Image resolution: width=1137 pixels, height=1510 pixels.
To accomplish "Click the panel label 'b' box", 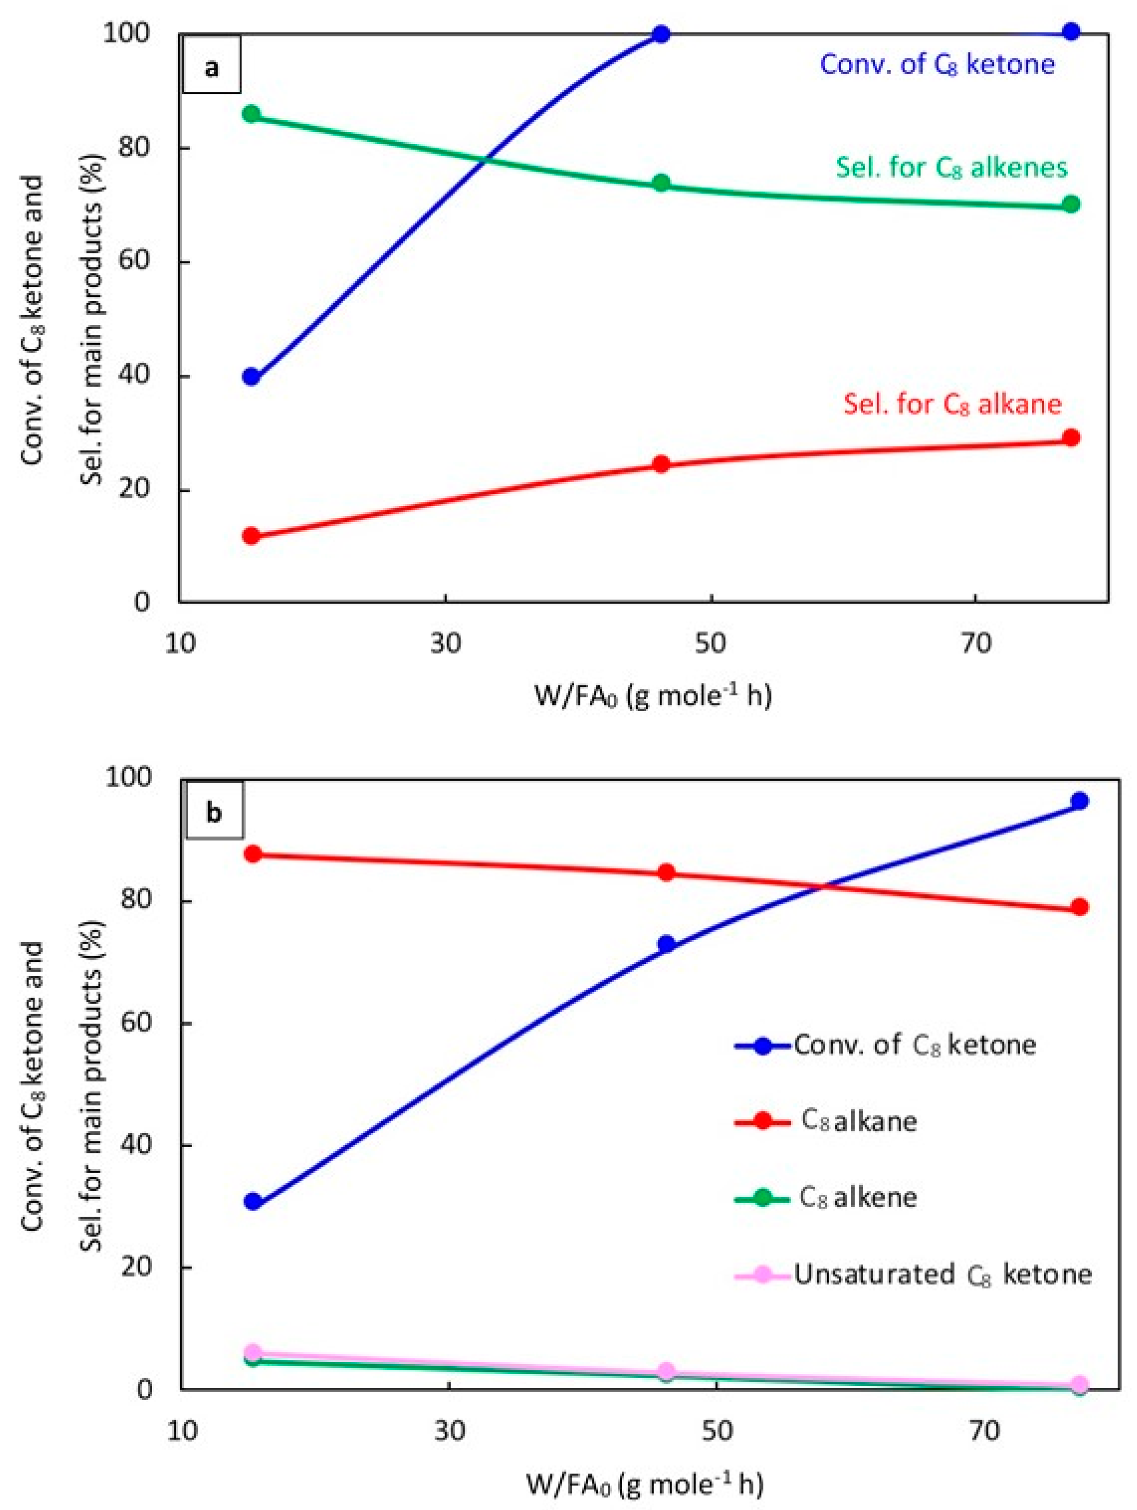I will (x=214, y=813).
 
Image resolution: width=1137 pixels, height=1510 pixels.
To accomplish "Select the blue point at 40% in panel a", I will (x=251, y=377).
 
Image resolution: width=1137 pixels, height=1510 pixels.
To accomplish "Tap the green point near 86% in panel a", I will (x=251, y=114).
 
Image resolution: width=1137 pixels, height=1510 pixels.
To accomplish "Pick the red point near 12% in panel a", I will (x=251, y=536).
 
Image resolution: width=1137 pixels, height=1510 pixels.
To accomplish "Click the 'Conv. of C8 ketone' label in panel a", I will (x=937, y=65).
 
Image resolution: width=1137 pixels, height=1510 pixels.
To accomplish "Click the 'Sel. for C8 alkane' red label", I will (x=952, y=404).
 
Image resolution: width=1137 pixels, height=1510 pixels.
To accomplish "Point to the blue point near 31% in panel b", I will (x=253, y=1202).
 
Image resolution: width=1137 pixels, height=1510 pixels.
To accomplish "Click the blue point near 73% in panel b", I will (x=666, y=945).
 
